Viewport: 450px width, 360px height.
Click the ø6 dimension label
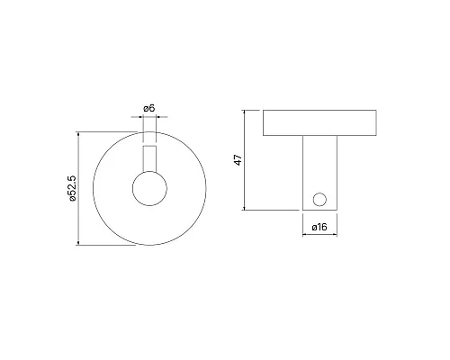(x=149, y=109)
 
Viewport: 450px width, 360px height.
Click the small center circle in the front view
(x=149, y=190)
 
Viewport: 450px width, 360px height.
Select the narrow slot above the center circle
(x=149, y=157)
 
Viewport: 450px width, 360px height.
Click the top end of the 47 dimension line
(x=247, y=111)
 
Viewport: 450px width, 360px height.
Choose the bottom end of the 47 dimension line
(x=247, y=211)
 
